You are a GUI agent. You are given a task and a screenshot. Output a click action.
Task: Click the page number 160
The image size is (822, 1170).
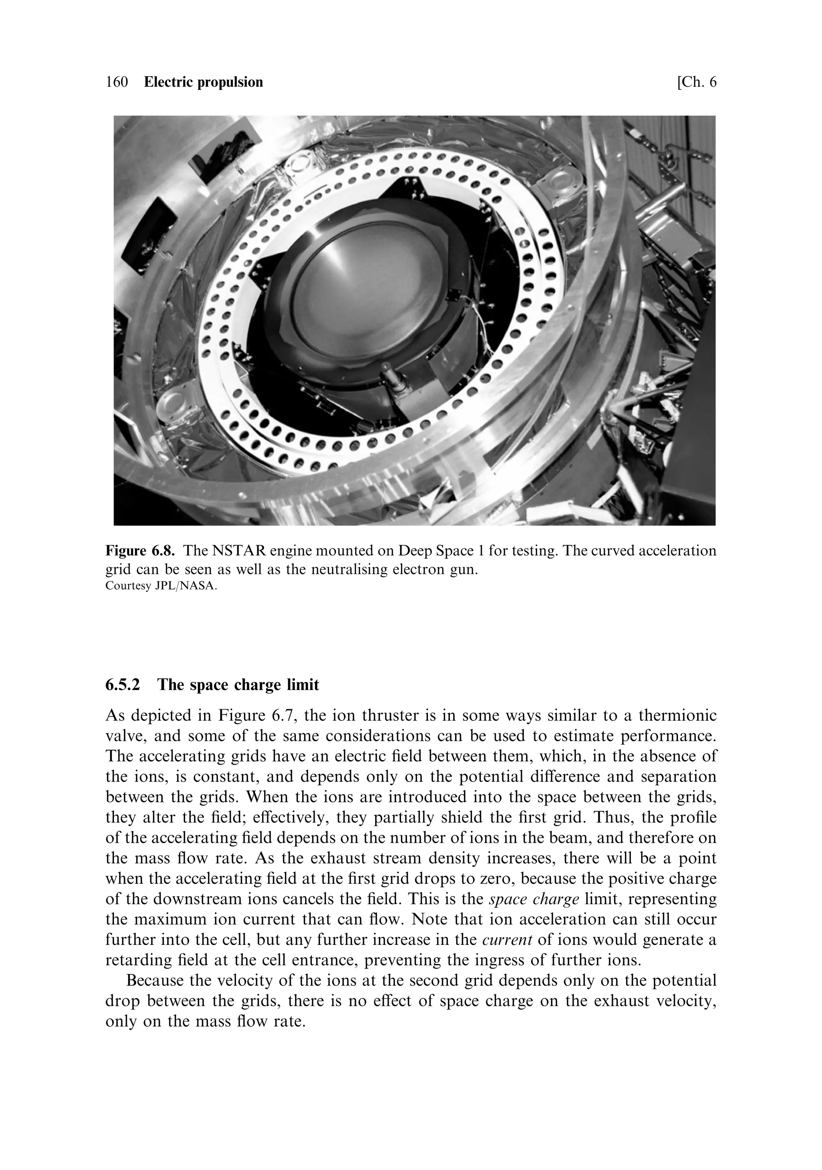pos(117,83)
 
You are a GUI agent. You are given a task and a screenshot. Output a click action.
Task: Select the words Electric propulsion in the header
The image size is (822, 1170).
pos(203,83)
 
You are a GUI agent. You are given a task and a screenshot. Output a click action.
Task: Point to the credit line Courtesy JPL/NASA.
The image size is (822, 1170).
pos(161,586)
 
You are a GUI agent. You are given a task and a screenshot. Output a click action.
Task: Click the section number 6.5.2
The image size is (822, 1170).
pos(123,685)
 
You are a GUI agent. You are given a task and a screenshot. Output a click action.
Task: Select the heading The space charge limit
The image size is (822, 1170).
pos(238,685)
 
